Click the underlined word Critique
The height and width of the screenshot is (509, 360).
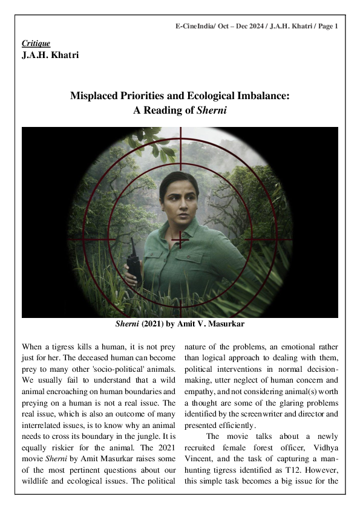tap(36, 44)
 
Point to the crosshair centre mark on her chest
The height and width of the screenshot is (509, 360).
tap(180, 240)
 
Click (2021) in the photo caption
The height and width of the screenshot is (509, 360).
tap(153, 323)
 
